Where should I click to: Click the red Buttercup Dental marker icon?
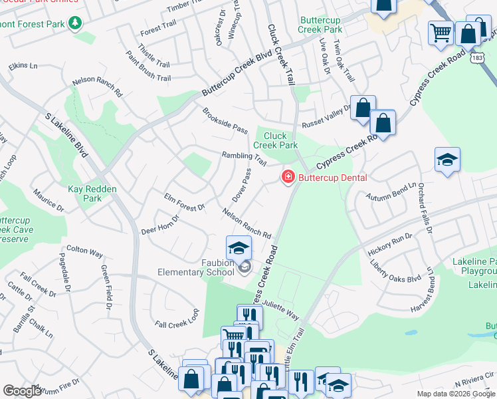[288, 177]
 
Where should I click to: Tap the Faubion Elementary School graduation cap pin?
[239, 249]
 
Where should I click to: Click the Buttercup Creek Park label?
[320, 25]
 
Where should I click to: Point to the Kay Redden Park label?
[92, 194]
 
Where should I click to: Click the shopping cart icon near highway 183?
[441, 33]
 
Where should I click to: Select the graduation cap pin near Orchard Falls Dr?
[448, 160]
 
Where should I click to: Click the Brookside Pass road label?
[225, 120]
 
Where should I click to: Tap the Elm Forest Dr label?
[184, 203]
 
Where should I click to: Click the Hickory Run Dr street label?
[389, 246]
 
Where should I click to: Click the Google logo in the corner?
[23, 391]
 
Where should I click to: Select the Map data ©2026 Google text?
[455, 394]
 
